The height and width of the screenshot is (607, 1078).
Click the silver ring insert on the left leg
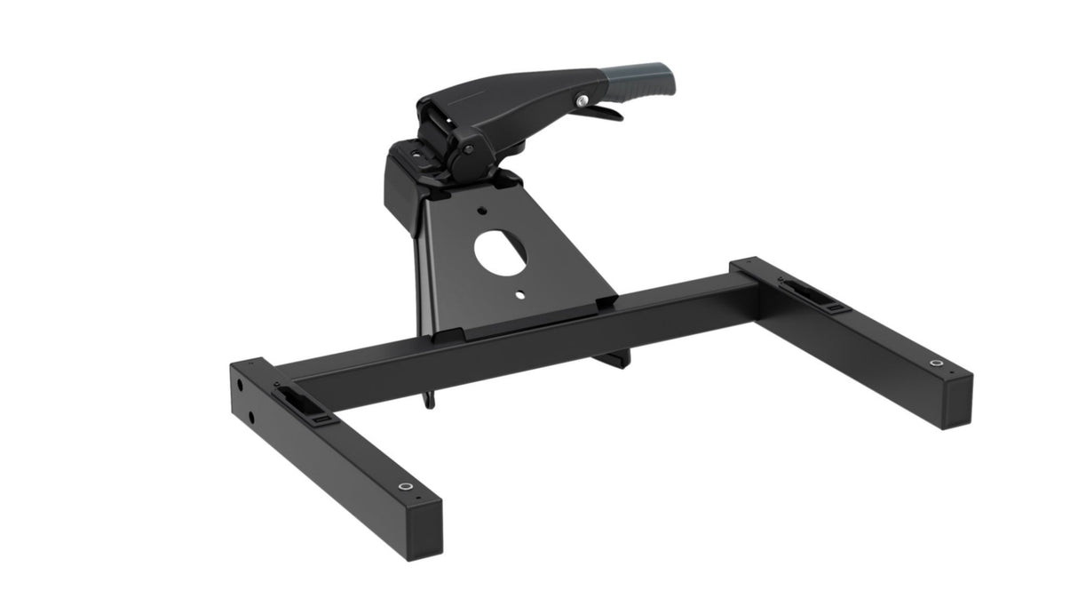(406, 486)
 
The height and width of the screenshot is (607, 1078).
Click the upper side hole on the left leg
(241, 387)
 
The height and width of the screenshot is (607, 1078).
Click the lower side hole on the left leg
(253, 417)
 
